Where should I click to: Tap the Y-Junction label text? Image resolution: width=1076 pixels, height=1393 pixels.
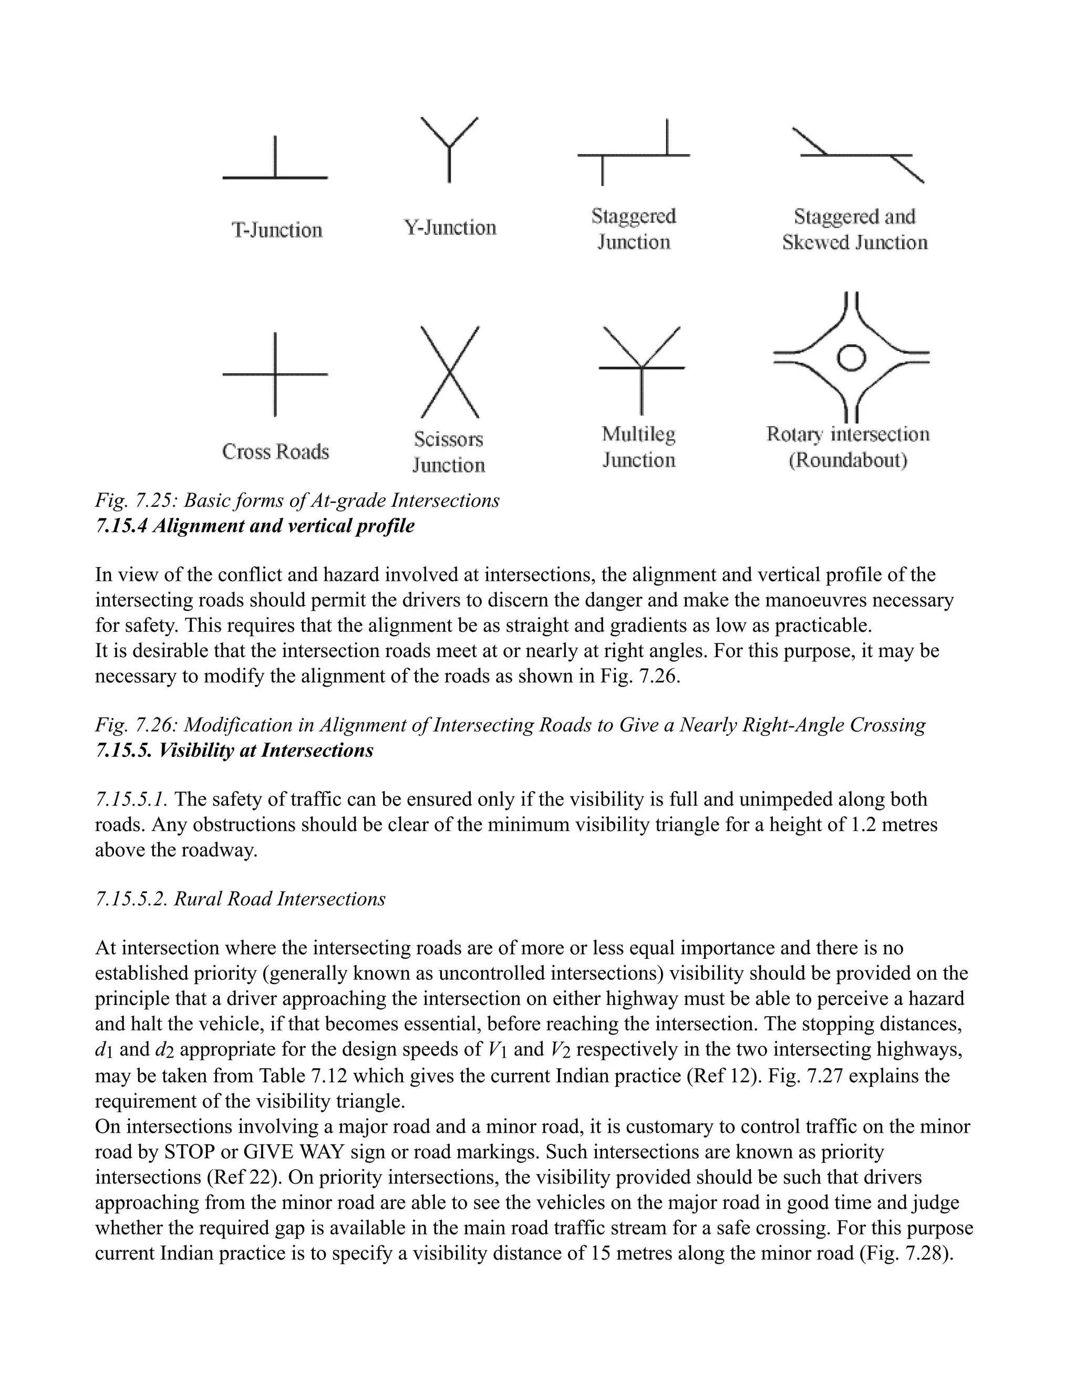(x=450, y=228)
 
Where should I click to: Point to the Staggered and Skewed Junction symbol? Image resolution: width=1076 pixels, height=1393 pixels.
(x=857, y=155)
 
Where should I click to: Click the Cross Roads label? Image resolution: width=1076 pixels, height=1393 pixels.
(x=275, y=452)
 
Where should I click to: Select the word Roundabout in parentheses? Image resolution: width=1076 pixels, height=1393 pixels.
(x=848, y=460)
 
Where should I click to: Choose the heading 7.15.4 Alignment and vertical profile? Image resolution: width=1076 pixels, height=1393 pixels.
(x=254, y=526)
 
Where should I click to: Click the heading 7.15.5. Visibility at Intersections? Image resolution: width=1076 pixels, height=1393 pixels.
(x=234, y=751)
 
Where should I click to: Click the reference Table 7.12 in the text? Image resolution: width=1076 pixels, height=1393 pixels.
(x=303, y=1076)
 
